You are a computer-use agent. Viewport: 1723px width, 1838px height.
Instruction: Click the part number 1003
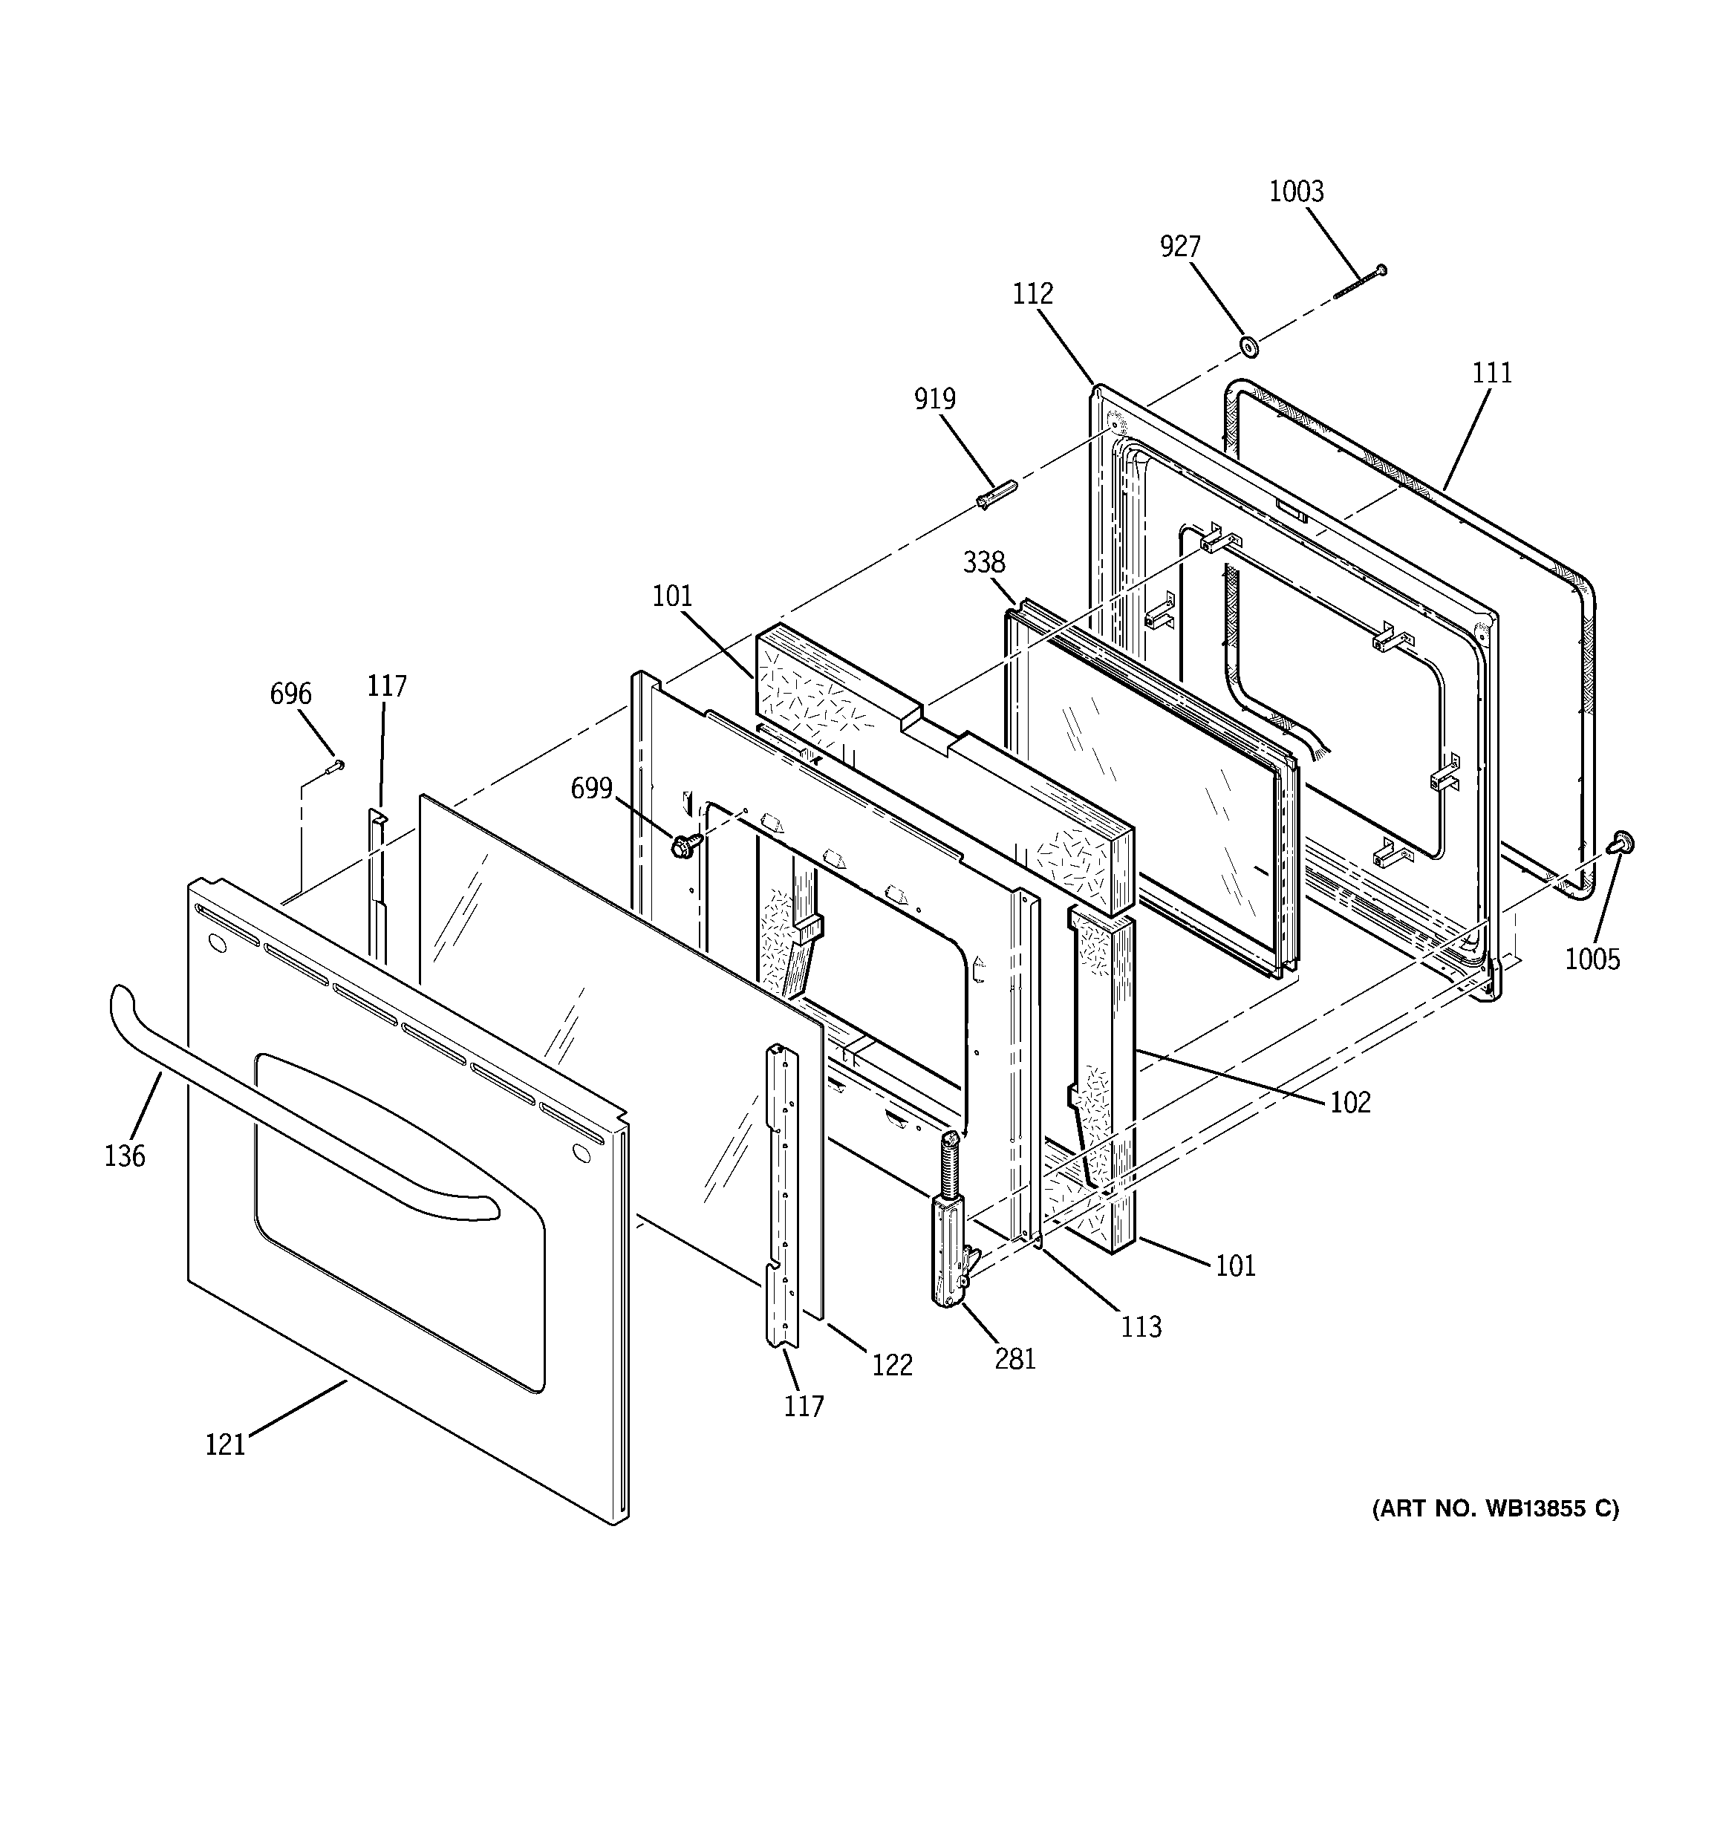point(1296,192)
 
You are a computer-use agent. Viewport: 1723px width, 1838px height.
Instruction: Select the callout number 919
point(934,399)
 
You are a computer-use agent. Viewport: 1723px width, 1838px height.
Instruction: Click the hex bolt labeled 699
point(683,844)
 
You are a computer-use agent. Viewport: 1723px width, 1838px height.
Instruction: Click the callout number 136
point(125,1155)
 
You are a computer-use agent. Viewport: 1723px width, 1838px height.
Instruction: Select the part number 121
point(225,1443)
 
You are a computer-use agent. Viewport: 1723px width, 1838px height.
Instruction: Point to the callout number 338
point(983,561)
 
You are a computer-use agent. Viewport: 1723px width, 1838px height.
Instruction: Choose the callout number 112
point(1032,293)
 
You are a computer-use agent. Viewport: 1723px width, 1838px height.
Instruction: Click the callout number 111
point(1492,373)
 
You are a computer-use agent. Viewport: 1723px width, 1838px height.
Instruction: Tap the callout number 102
point(1349,1101)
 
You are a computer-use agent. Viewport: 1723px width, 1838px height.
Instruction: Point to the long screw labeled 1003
point(1360,283)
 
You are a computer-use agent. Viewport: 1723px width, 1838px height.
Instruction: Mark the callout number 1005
point(1592,959)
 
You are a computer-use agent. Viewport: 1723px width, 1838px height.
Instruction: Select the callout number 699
point(591,788)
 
